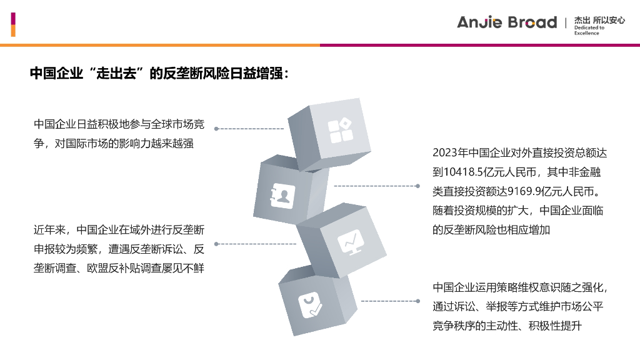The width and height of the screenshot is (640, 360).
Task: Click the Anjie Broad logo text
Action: pos(506,22)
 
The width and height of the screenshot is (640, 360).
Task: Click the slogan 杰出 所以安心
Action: pos(599,20)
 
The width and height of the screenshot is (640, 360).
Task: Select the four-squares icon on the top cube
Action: pos(341,131)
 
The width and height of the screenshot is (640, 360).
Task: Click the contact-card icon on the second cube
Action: pos(282,195)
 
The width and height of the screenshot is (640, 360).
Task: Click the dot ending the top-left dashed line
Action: pos(216,129)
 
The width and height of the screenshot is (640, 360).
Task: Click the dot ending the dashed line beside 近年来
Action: pos(216,243)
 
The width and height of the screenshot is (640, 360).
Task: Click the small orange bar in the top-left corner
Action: pos(13,31)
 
